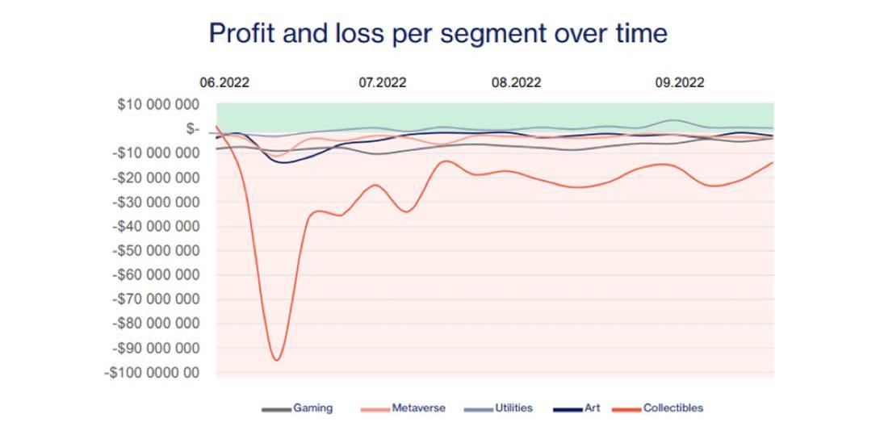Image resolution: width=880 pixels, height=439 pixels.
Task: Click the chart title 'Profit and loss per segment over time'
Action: [438, 33]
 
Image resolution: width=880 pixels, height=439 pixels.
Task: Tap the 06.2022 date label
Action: [224, 82]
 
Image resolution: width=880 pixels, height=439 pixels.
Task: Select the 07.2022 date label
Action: [382, 82]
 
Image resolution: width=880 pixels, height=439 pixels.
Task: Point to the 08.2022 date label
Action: [516, 82]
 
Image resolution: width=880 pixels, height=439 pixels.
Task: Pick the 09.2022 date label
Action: [679, 82]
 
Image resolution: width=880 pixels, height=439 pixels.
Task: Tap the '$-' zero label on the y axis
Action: [191, 128]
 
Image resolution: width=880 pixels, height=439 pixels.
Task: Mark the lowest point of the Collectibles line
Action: [276, 360]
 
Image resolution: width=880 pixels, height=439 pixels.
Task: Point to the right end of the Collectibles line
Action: [773, 163]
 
